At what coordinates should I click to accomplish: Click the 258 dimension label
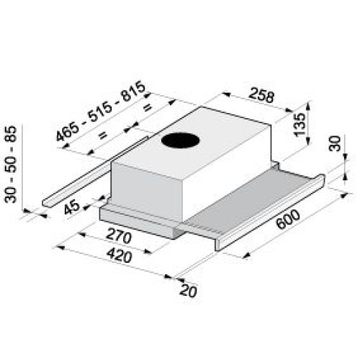pyautogui.click(x=261, y=95)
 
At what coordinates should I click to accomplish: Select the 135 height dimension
pyautogui.click(x=300, y=125)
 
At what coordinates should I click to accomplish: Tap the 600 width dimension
pyautogui.click(x=288, y=219)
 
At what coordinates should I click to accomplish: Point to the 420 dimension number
pyautogui.click(x=120, y=256)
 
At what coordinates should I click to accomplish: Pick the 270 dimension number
pyautogui.click(x=119, y=235)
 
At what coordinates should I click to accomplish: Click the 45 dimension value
pyautogui.click(x=72, y=207)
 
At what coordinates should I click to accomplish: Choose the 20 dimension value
pyautogui.click(x=188, y=291)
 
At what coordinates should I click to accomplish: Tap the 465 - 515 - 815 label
pyautogui.click(x=101, y=111)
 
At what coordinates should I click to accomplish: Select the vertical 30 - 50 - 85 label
pyautogui.click(x=11, y=164)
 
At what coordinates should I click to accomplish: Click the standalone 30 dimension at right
pyautogui.click(x=335, y=143)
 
